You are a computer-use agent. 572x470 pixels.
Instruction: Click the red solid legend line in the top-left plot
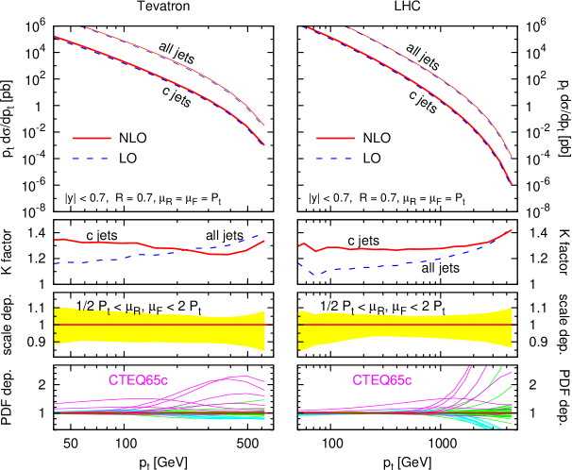click(x=92, y=138)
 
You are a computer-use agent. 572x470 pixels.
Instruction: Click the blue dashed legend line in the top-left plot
click(x=92, y=159)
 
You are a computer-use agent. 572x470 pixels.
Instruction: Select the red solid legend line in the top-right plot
click(x=335, y=138)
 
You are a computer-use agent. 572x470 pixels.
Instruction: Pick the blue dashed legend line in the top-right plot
click(x=335, y=159)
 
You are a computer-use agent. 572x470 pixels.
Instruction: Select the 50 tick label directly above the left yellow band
click(x=70, y=298)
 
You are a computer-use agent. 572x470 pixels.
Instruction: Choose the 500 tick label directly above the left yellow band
click(x=247, y=298)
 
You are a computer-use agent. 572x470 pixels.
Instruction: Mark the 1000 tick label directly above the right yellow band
click(x=443, y=298)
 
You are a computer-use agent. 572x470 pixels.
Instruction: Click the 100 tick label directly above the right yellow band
click(x=332, y=298)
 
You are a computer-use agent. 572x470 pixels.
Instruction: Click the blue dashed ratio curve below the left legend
click(x=113, y=259)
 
